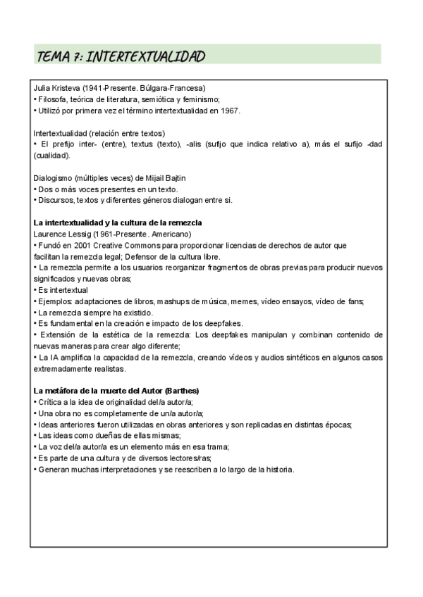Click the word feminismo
coord(200,100)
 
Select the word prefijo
coord(61,144)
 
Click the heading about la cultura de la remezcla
coord(118,222)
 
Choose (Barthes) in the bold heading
coord(179,391)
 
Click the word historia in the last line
coord(276,470)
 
